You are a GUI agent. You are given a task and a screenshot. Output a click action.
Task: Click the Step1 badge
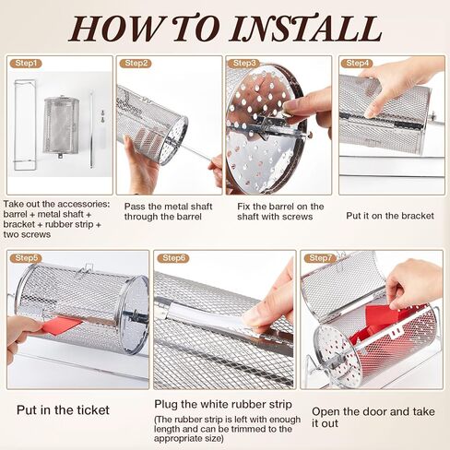pos(26,64)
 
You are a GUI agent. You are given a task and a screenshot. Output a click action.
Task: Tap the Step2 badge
pos(136,64)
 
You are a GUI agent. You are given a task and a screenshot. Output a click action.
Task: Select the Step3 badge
pos(244,64)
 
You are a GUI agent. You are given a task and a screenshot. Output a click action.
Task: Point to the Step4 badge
pos(357,64)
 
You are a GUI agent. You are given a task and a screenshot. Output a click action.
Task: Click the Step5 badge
pos(26,258)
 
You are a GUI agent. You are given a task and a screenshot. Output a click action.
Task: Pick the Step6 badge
pos(173,258)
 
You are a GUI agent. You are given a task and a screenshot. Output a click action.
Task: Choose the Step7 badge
pos(320,258)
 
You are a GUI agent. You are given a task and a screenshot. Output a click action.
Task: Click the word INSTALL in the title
pos(306,29)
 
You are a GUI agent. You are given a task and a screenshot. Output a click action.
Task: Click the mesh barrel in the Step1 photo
pos(61,126)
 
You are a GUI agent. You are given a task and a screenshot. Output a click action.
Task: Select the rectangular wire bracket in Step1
pos(25,124)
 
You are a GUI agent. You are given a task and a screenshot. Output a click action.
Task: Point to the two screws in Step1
pos(102,115)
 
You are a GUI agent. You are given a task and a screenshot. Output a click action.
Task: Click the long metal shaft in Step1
pos(91,129)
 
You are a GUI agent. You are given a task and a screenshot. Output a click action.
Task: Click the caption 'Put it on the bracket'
pos(390,216)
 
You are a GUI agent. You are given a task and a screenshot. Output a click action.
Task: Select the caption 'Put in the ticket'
pos(63,410)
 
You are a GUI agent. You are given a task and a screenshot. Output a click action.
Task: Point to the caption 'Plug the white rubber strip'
pos(223,404)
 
